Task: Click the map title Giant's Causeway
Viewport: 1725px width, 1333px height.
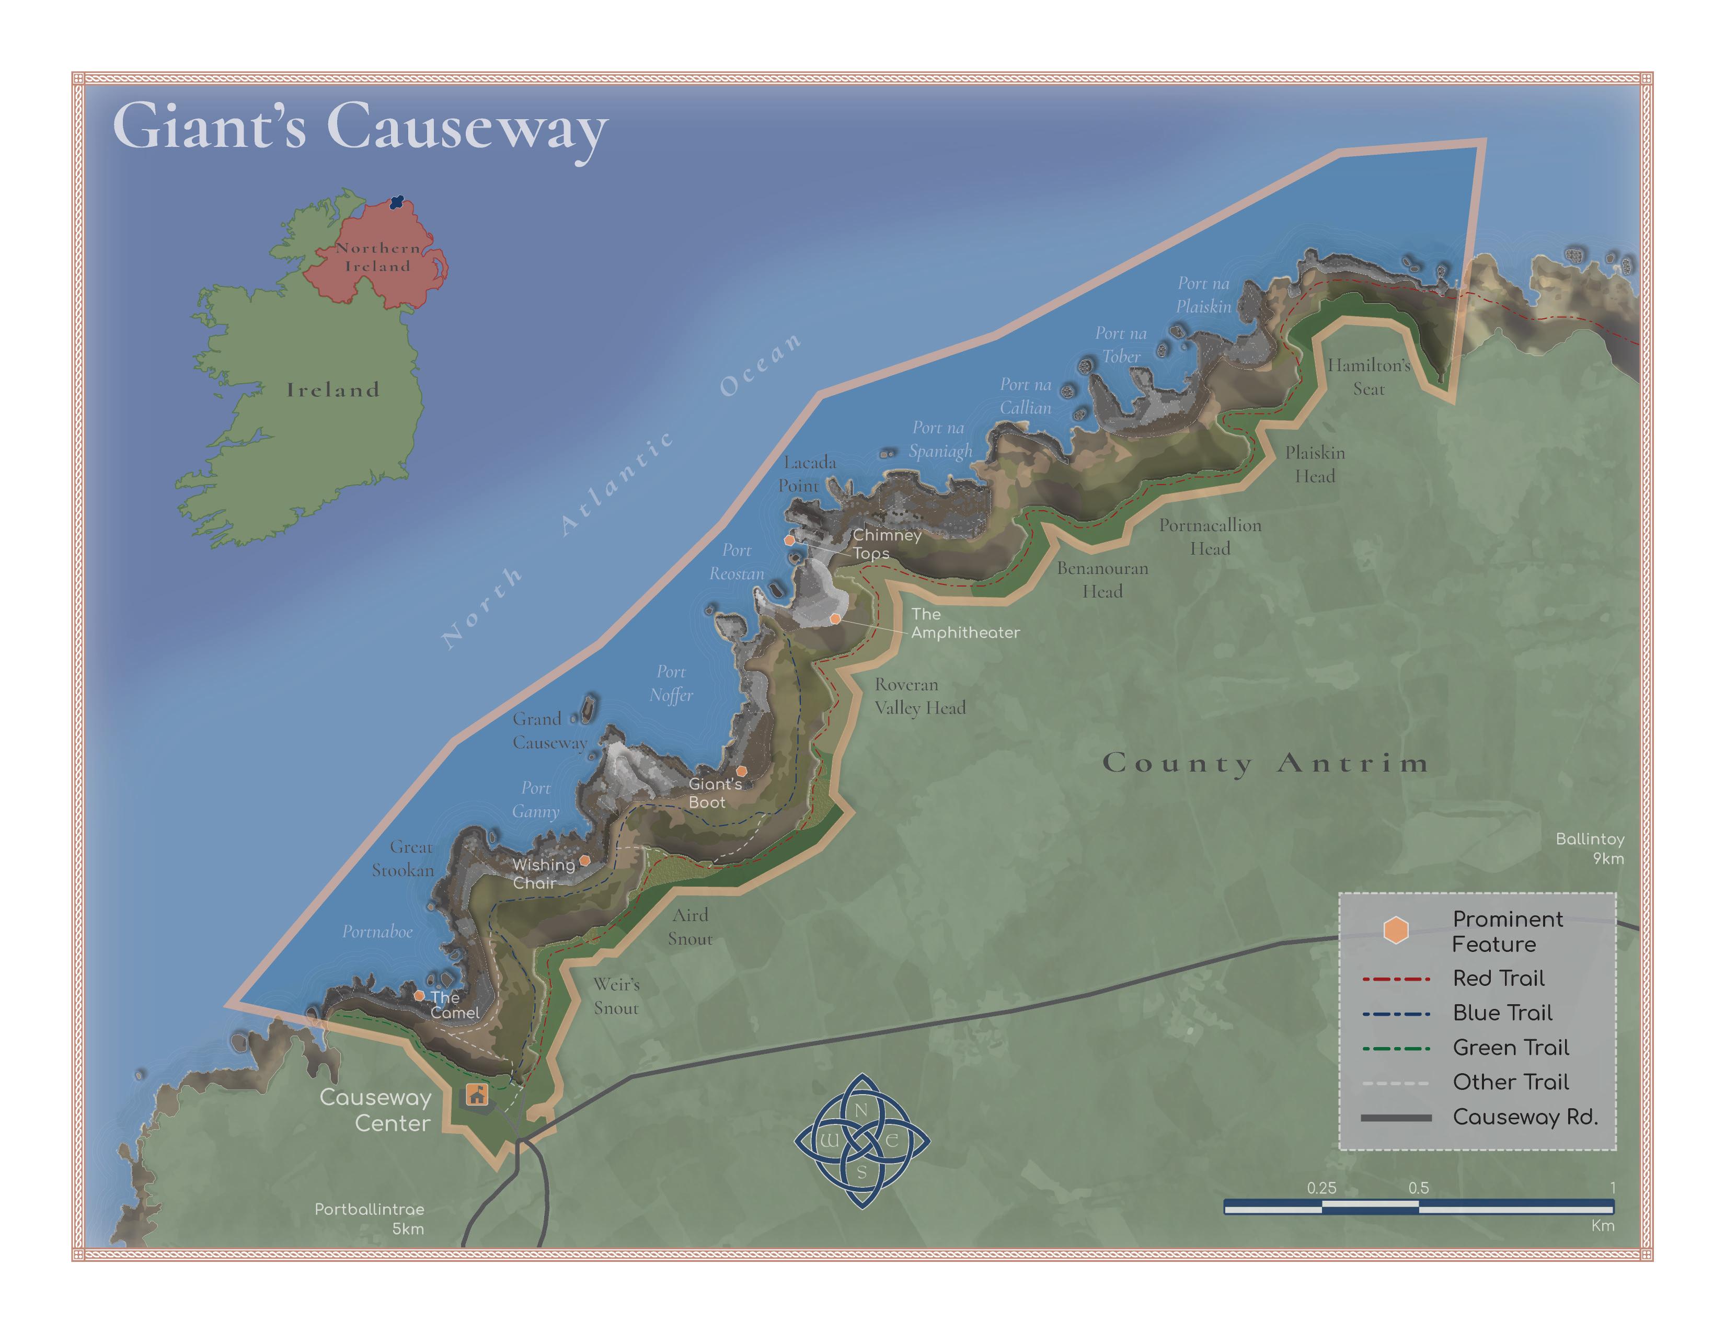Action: pyautogui.click(x=360, y=127)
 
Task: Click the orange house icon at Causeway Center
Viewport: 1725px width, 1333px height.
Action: pyautogui.click(x=476, y=1095)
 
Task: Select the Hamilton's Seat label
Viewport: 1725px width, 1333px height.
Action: pyautogui.click(x=1369, y=377)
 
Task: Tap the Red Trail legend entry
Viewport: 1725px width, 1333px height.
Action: pyautogui.click(x=1498, y=979)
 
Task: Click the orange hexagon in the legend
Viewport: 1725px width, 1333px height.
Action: pyautogui.click(x=1396, y=930)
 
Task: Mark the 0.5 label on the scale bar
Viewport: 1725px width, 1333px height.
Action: pyautogui.click(x=1419, y=1188)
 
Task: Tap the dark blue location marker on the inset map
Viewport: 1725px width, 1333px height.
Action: pyautogui.click(x=397, y=203)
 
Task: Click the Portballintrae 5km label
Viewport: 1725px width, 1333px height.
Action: pyautogui.click(x=369, y=1219)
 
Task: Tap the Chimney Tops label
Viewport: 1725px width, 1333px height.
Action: pyautogui.click(x=886, y=544)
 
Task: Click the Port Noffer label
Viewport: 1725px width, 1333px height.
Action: pyautogui.click(x=671, y=683)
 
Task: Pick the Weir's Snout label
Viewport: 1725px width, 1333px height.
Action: pyautogui.click(x=616, y=996)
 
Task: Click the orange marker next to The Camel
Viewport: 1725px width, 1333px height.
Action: pyautogui.click(x=419, y=996)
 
